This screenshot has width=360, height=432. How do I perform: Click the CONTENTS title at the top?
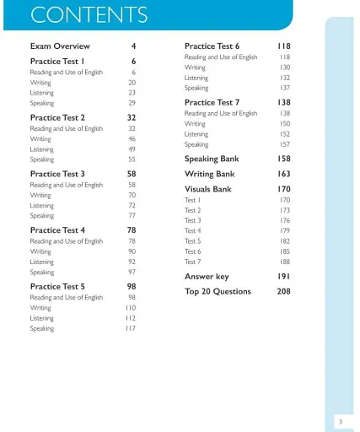89,15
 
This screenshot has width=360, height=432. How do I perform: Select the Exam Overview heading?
60,46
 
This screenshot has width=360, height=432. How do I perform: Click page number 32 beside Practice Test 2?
132,118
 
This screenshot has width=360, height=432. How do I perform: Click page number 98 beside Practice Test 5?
132,287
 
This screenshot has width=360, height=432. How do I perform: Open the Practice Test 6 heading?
212,46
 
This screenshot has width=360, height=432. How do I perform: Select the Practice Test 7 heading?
212,103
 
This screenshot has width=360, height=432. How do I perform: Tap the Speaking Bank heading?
212,159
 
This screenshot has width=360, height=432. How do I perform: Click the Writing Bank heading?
210,175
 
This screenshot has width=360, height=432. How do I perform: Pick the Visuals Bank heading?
208,190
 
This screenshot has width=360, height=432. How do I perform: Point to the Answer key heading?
207,277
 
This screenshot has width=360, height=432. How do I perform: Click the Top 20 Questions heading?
218,292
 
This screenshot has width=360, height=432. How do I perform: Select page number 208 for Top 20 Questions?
283,292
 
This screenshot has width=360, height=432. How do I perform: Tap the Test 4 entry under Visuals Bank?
193,231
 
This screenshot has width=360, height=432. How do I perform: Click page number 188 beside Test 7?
285,262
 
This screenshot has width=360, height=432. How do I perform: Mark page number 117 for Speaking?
131,329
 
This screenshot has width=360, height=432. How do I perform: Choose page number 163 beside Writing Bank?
283,175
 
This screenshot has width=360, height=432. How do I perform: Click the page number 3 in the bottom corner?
340,420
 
